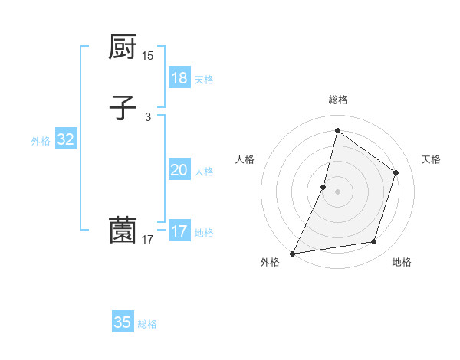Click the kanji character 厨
pos(123,47)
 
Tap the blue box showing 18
pos(179,77)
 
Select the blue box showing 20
pos(179,170)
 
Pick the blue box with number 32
pos(65,139)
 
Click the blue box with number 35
pos(123,322)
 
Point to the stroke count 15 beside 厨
pos(148,56)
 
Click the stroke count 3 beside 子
pos(148,117)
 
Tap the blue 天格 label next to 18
pos(204,80)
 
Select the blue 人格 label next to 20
pos(204,172)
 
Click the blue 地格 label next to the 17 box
pos(204,233)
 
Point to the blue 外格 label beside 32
pos(41,141)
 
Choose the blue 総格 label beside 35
pos(148,324)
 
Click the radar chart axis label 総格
pos(338,100)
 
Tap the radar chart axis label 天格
pos(432,159)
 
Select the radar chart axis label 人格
pos(245,159)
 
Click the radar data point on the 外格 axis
pos(293,253)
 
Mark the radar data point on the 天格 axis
pos(396,172)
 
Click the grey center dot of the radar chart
pos(338,191)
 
